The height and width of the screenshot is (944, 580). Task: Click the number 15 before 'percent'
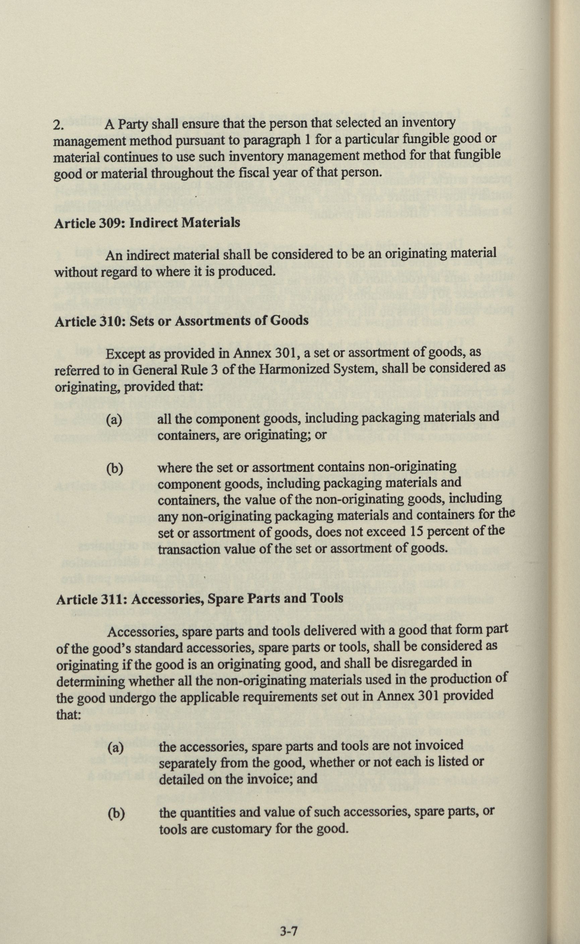(418, 531)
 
